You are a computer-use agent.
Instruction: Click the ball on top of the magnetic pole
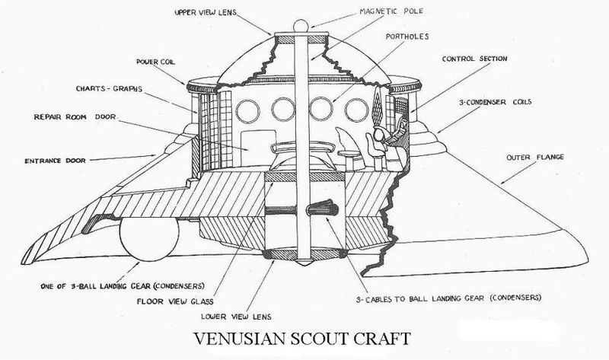301,26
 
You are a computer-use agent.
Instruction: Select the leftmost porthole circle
247,110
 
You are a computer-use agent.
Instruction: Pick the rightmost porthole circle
356,110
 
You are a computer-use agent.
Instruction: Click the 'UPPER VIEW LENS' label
205,12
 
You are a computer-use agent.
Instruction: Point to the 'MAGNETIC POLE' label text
391,11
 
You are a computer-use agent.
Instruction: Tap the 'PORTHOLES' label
407,37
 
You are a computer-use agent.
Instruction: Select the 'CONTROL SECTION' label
474,59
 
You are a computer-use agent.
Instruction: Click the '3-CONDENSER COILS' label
496,102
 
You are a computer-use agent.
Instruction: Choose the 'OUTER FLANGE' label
535,158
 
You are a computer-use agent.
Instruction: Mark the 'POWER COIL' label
155,62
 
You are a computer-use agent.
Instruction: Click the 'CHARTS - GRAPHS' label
109,88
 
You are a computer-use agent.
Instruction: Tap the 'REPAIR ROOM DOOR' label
75,116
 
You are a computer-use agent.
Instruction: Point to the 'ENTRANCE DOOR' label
55,161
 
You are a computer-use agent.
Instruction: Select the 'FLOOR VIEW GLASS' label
175,301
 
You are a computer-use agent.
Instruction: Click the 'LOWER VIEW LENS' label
236,317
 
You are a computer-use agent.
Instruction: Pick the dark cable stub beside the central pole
322,208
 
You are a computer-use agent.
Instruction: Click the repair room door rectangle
258,148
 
